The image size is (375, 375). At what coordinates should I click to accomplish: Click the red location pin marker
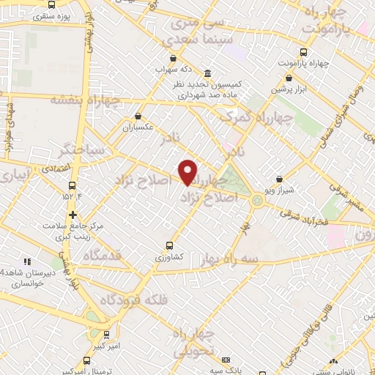click(x=188, y=171)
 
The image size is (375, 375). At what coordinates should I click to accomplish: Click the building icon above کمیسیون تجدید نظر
click(x=209, y=74)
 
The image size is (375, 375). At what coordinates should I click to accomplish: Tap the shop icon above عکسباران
click(x=138, y=116)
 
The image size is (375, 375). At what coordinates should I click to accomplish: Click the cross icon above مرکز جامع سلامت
click(x=73, y=215)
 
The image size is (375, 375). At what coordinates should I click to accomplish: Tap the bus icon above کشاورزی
click(x=170, y=245)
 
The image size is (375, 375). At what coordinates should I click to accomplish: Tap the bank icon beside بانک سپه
click(x=226, y=360)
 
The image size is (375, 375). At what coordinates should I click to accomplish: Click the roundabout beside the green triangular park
click(x=258, y=200)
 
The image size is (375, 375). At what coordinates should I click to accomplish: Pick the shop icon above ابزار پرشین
click(x=289, y=78)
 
